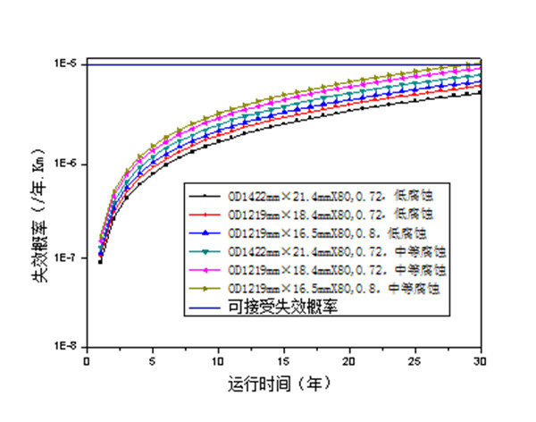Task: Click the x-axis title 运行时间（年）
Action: [282, 385]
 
